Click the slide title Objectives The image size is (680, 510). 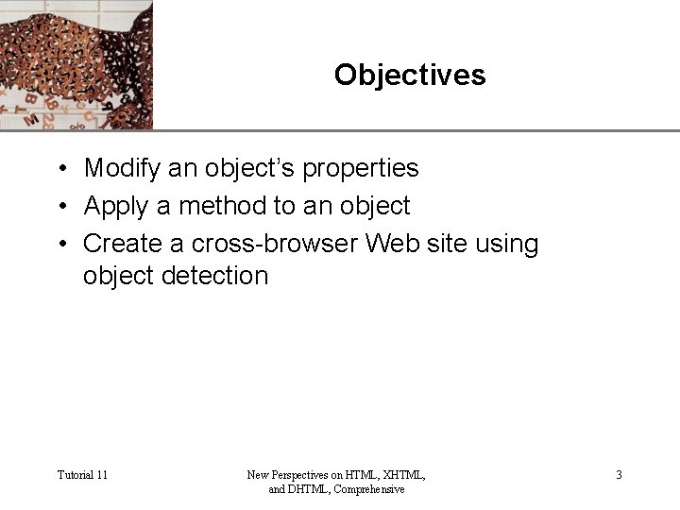tap(409, 75)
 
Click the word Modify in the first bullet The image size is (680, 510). tap(122, 168)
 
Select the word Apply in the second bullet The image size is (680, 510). tap(118, 206)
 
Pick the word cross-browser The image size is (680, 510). tap(275, 244)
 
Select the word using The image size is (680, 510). tap(507, 244)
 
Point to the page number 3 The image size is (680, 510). tap(619, 475)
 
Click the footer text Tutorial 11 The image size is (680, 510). tap(82, 475)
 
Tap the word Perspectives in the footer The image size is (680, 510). tap(304, 475)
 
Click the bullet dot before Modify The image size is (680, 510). tap(59, 169)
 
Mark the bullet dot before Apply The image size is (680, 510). tap(59, 207)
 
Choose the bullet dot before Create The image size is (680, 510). tap(59, 245)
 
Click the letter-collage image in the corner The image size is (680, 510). tap(76, 64)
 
